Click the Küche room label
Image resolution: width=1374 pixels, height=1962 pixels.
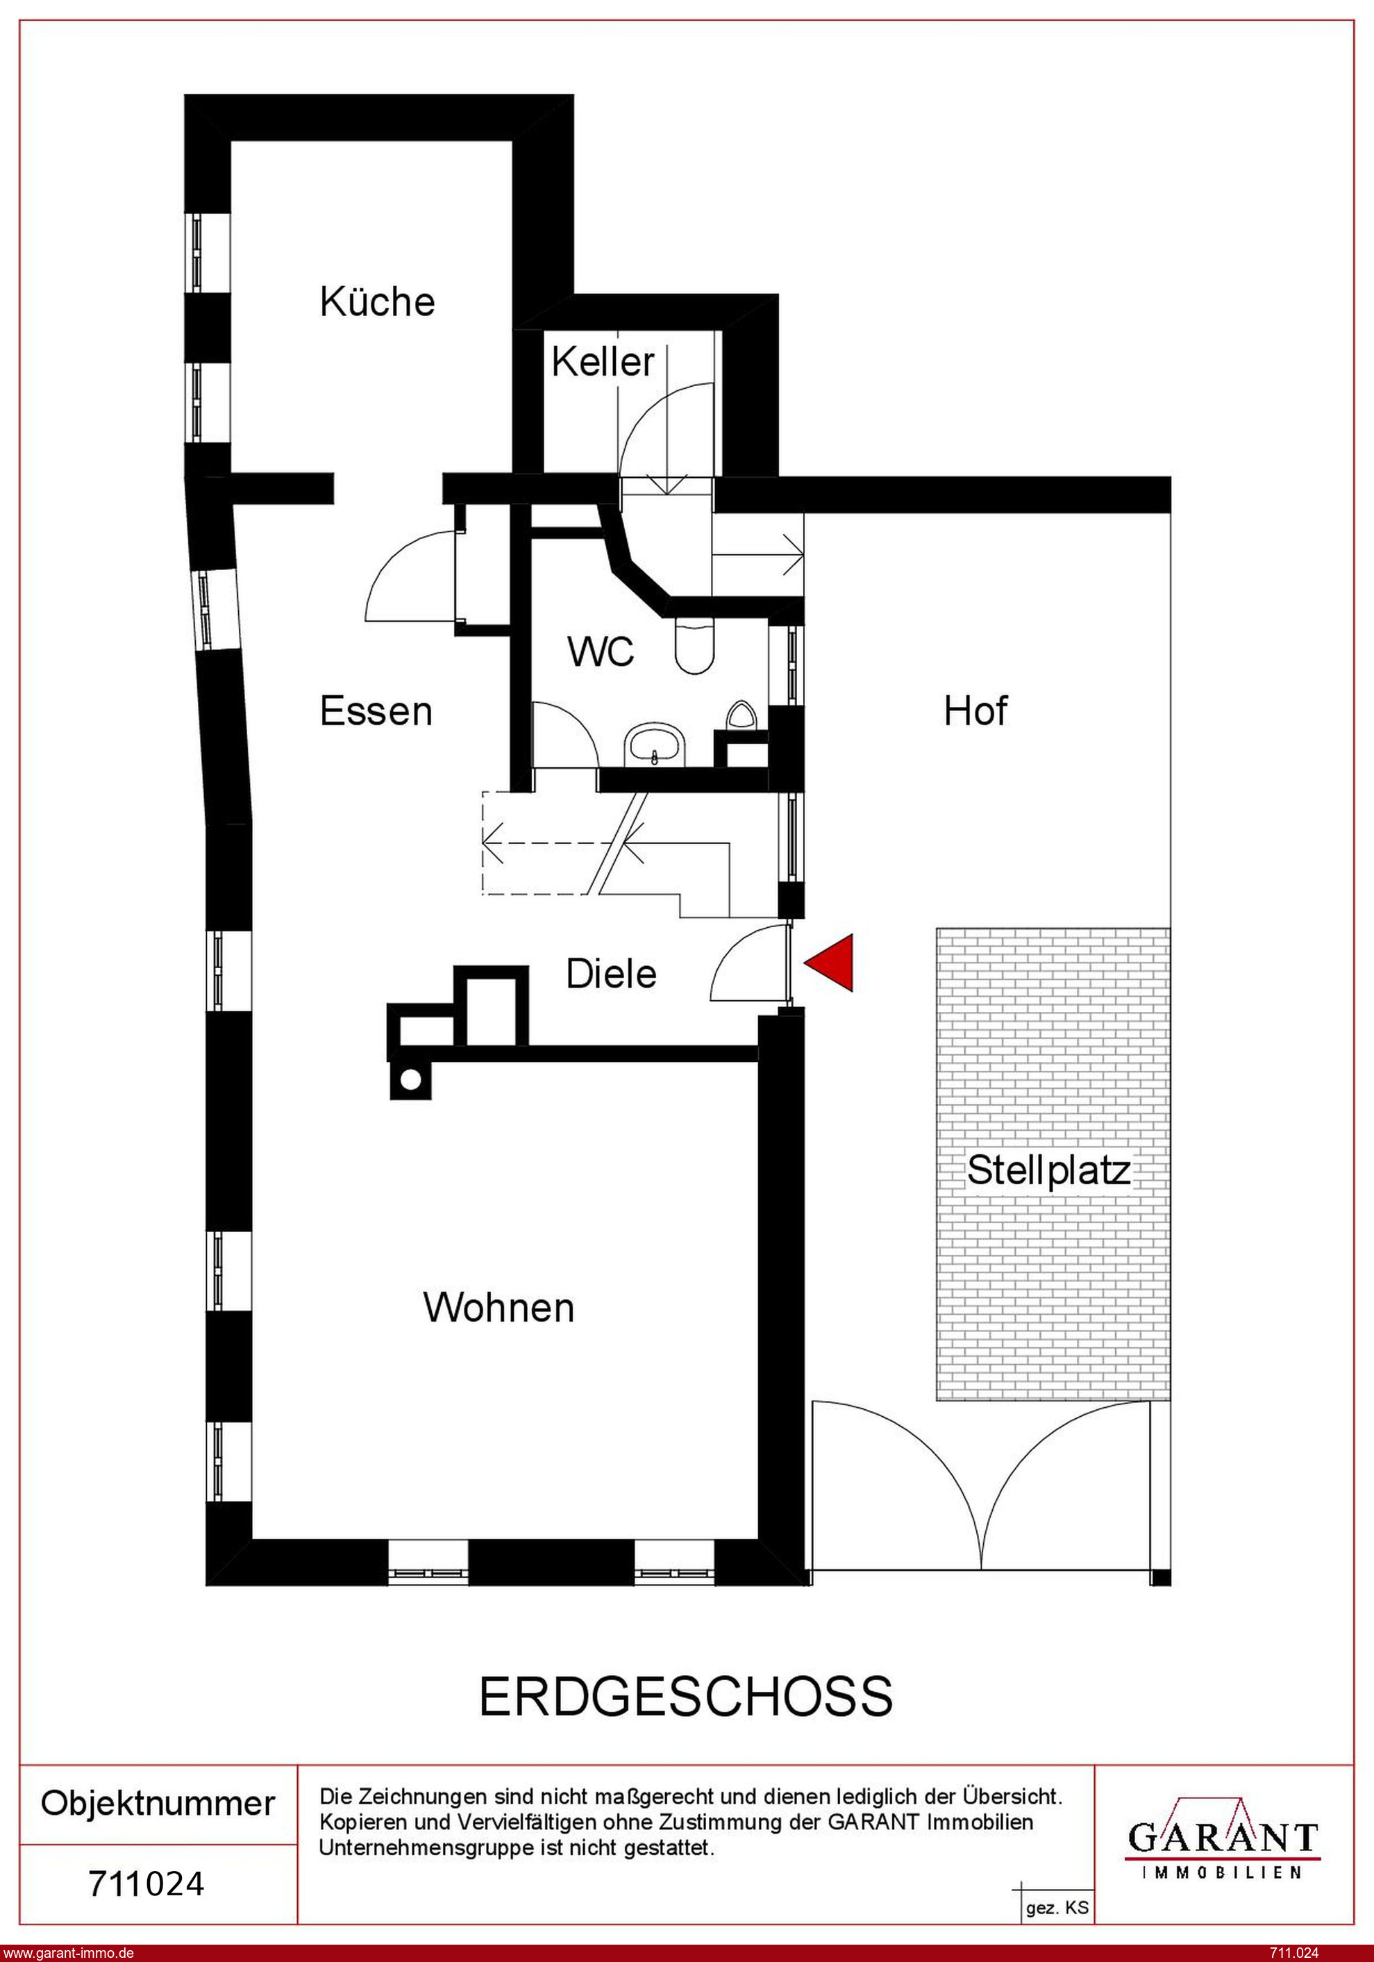(x=377, y=301)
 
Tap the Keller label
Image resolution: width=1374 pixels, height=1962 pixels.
(x=603, y=361)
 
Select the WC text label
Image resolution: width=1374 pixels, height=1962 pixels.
(x=601, y=652)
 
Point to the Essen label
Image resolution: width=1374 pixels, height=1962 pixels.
(x=376, y=711)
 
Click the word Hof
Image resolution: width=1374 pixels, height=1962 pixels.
(x=975, y=711)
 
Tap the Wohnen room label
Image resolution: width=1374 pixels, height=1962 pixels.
(x=499, y=1308)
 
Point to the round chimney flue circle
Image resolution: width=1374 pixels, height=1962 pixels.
(x=410, y=1080)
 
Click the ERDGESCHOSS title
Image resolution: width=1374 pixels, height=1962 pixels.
(x=686, y=1696)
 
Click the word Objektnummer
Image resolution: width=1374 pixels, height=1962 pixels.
(x=158, y=1803)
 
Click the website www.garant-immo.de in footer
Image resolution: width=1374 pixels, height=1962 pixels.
(x=68, y=1952)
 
